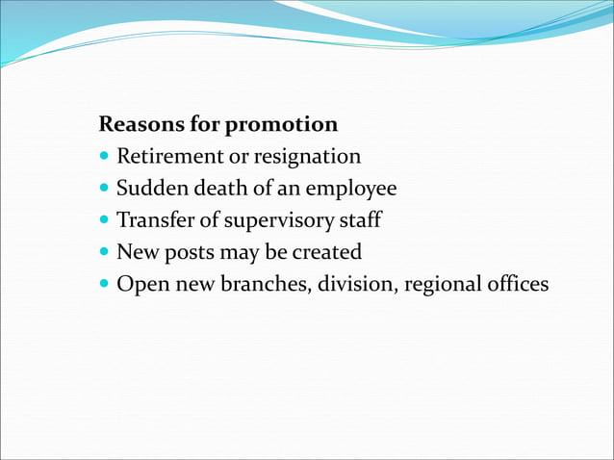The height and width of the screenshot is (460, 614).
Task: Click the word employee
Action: pyautogui.click(x=350, y=190)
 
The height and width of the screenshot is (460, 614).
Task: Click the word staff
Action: pyautogui.click(x=359, y=220)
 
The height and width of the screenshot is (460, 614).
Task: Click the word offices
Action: pyautogui.click(x=516, y=285)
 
